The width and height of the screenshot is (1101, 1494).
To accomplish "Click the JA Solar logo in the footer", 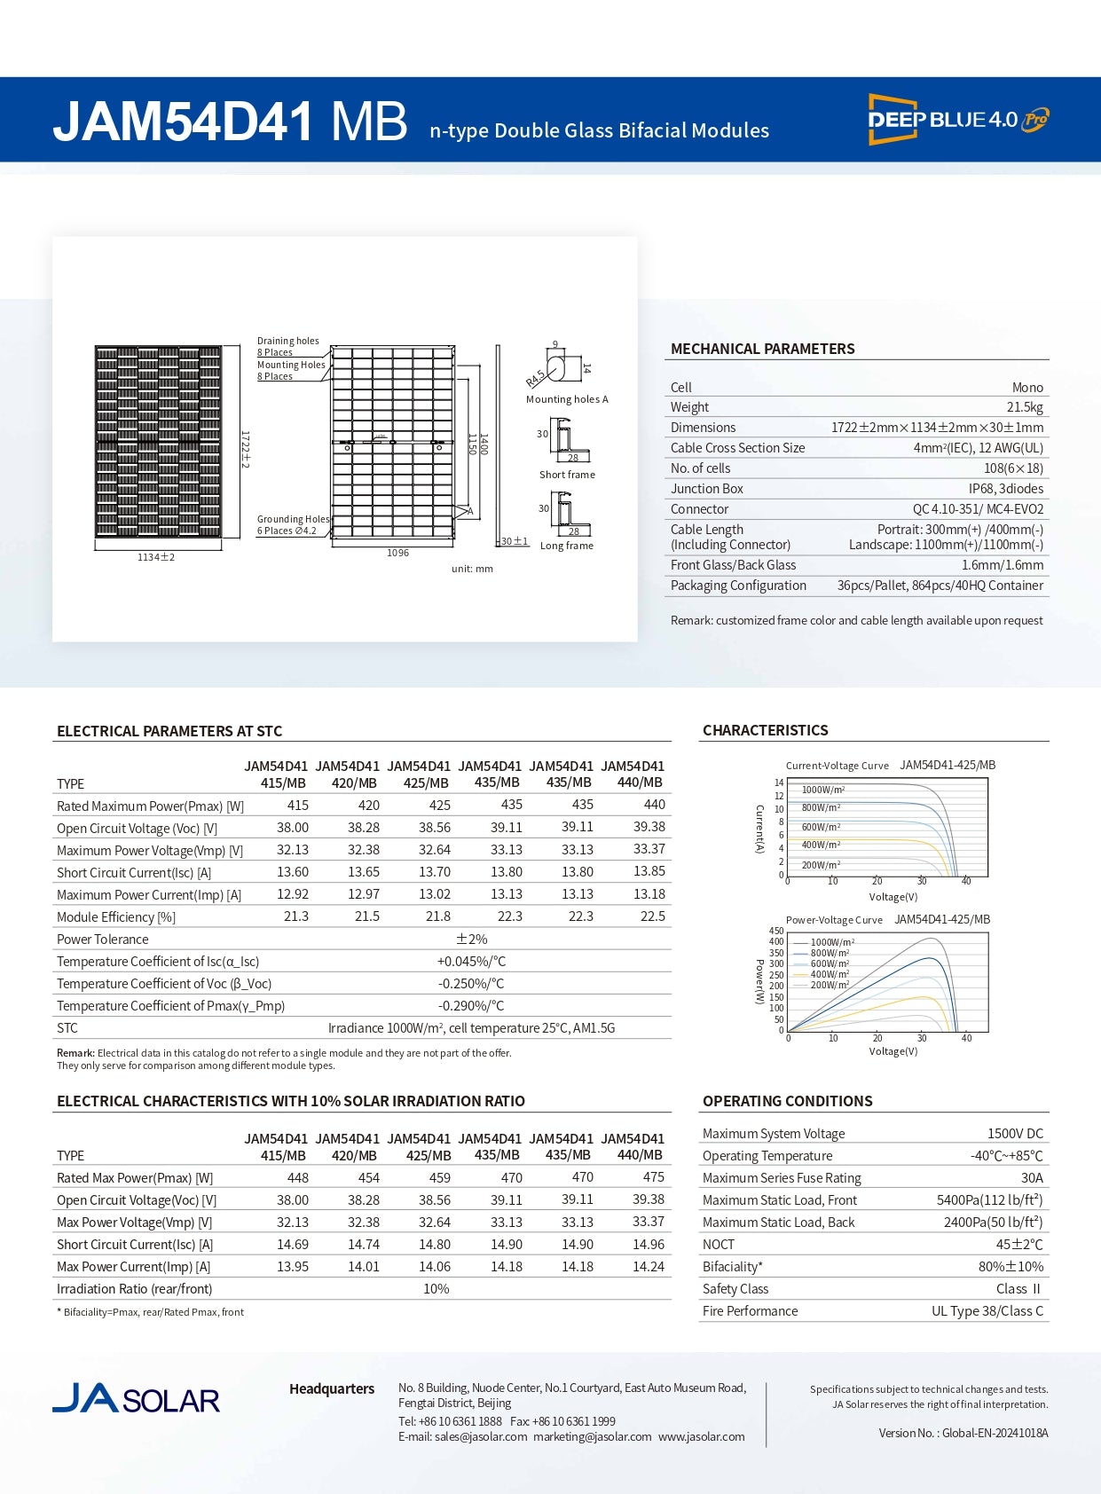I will point(136,1399).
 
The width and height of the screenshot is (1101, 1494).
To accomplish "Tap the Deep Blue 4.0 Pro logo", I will point(957,119).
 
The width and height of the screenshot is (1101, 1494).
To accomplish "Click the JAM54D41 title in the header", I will point(183,122).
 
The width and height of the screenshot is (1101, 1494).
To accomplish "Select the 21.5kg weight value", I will point(1025,407).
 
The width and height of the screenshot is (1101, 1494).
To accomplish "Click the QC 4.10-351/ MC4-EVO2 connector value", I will point(978,509).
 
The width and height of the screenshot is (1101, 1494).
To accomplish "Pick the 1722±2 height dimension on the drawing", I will point(246,450).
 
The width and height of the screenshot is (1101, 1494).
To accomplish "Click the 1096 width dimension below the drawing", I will point(397,553).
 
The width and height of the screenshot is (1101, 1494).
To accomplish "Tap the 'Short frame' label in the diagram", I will point(567,475).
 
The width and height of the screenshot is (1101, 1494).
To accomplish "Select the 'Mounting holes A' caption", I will point(567,399).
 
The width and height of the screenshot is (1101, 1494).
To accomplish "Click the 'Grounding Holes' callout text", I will point(293,519).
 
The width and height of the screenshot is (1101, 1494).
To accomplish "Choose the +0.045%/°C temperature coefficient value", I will point(471,962).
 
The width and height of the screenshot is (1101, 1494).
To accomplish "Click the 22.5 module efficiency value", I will point(652,916).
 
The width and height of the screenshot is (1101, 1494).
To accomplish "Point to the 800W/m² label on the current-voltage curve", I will point(821,807).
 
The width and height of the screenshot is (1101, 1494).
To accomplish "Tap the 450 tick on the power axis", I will point(776,931).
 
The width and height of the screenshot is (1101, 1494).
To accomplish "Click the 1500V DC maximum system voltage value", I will point(1015,1134).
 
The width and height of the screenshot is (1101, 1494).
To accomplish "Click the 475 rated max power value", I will point(653,1177).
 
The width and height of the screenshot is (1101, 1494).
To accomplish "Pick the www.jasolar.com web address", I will point(701,1436).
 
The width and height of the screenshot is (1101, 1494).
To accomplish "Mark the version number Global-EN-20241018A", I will point(994,1433).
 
